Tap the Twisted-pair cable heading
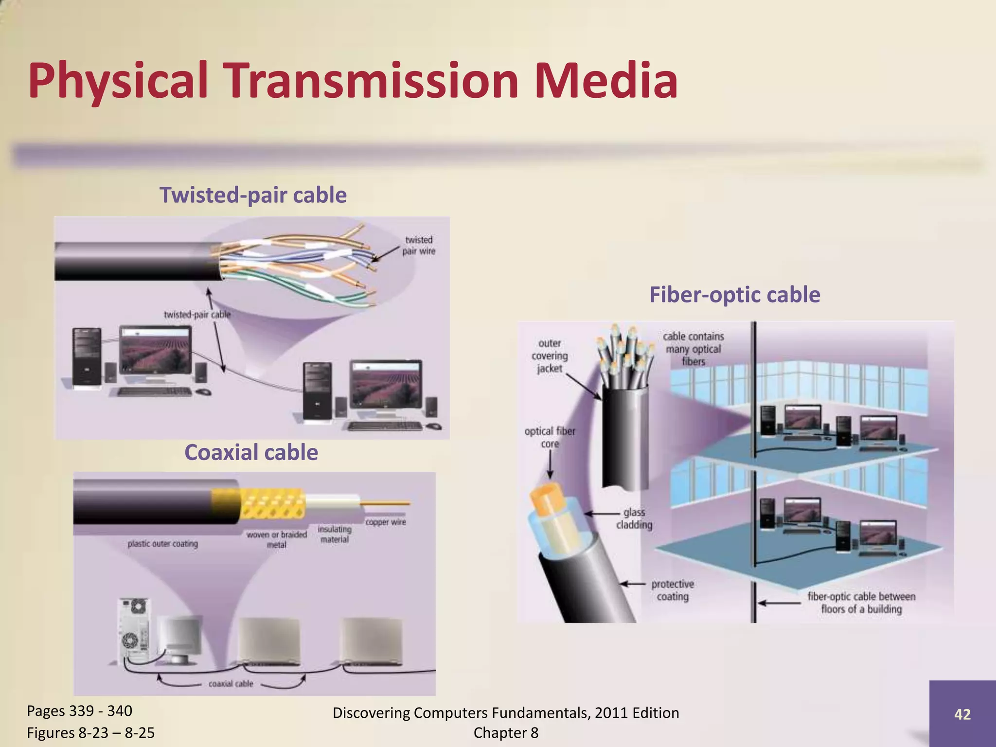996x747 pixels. [253, 195]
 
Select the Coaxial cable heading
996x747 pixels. [251, 452]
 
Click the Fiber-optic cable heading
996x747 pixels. [734, 295]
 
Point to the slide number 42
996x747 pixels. [962, 714]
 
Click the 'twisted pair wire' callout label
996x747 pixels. [418, 246]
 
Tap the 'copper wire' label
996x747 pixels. [385, 522]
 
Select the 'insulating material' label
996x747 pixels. [335, 534]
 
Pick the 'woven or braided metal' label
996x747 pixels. [277, 539]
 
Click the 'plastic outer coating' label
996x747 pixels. [162, 544]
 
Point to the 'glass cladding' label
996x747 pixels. [634, 518]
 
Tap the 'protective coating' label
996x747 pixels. [673, 590]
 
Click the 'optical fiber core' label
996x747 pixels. [550, 437]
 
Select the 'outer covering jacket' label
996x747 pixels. [550, 356]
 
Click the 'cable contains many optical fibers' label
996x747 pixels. [693, 349]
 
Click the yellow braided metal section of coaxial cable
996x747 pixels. [272, 505]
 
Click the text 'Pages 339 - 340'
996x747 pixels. [79, 711]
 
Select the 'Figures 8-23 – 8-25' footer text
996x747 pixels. [90, 732]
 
